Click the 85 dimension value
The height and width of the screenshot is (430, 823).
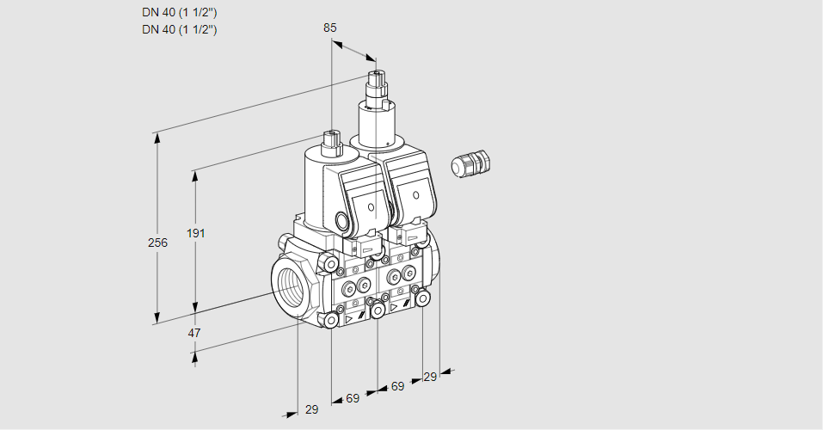[330, 28]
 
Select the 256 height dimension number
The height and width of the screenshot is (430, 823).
[157, 243]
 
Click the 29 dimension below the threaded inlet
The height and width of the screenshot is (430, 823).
[311, 409]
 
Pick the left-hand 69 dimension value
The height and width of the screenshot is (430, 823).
[353, 398]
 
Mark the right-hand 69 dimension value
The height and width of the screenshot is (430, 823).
[397, 387]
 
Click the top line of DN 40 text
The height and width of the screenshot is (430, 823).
[179, 13]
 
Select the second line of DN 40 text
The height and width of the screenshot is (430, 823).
[179, 29]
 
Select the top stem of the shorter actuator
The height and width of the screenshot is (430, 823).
[330, 138]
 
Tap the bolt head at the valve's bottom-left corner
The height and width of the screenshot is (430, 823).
[331, 321]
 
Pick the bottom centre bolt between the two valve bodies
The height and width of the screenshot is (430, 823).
[377, 310]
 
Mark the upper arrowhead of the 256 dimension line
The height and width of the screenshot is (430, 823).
[157, 137]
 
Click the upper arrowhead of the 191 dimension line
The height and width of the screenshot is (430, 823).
[196, 175]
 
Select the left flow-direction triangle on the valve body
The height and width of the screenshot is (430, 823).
[349, 317]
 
